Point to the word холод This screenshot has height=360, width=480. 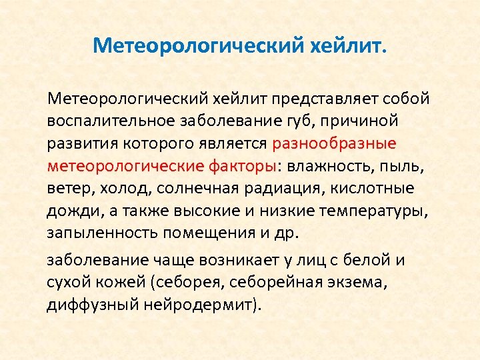118,189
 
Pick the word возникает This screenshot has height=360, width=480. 217,260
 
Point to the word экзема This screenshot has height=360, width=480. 359,283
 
